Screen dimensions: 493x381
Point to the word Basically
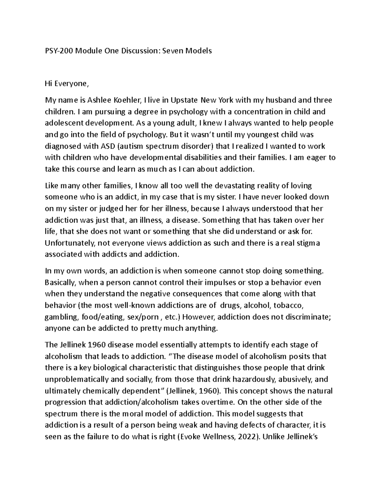tap(60, 283)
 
